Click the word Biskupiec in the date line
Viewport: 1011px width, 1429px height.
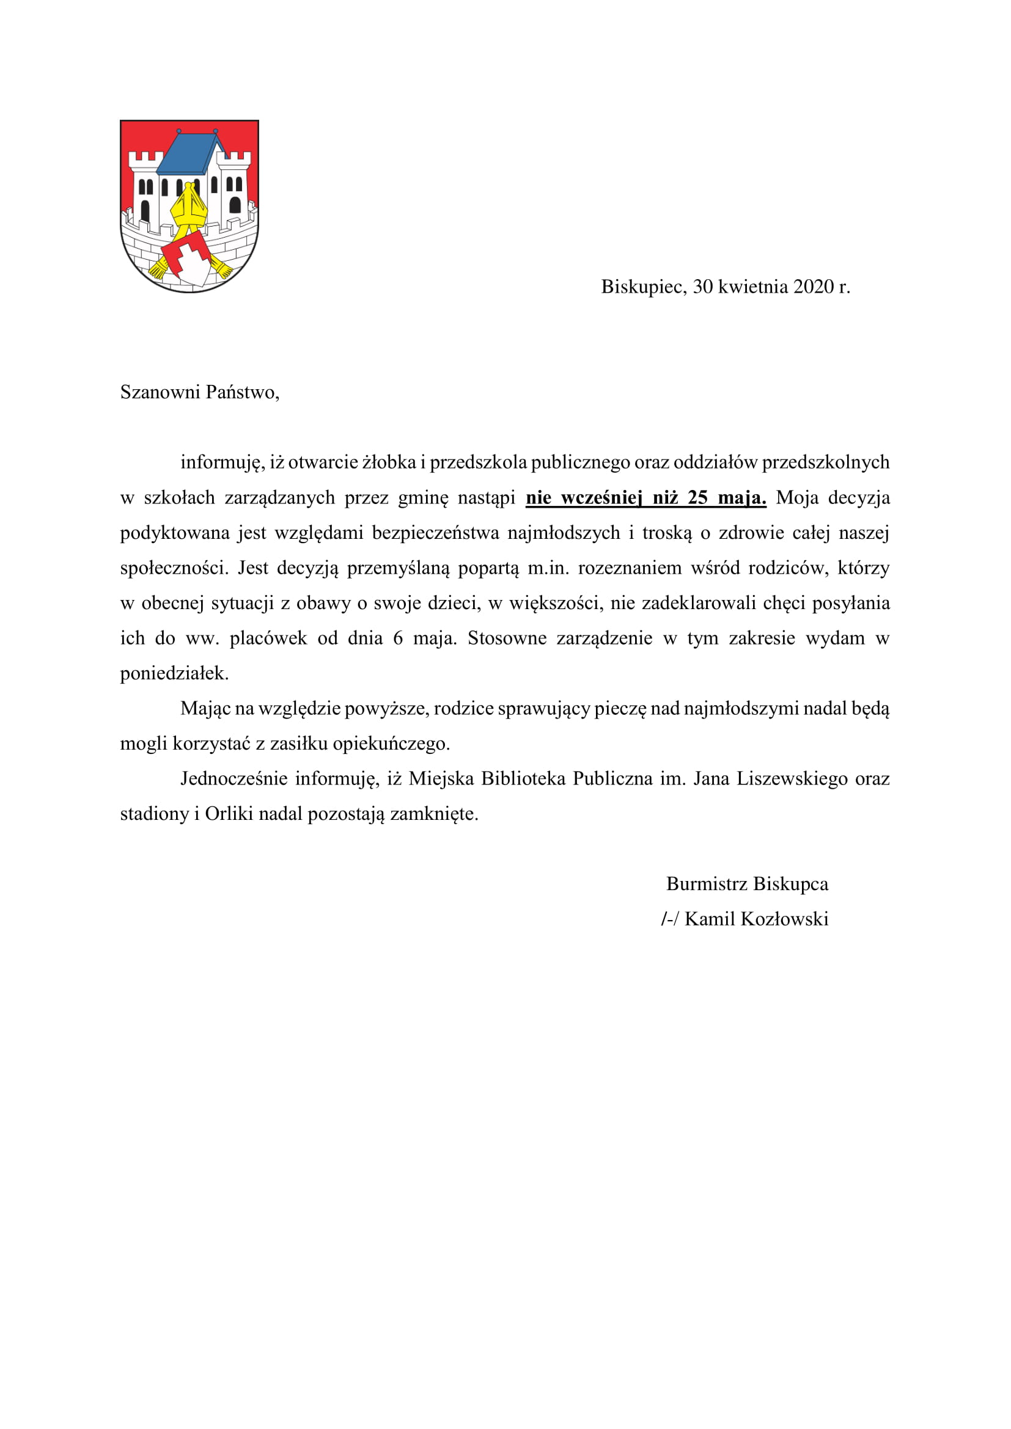643,287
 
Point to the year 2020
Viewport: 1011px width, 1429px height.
814,287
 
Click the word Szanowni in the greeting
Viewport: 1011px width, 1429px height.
160,393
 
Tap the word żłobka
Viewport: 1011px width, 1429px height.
389,462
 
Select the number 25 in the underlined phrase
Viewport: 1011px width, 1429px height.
698,498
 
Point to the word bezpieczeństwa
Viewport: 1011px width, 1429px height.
436,533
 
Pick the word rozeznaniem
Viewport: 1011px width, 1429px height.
630,568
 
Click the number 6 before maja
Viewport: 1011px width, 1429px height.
398,638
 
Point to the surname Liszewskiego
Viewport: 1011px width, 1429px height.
792,779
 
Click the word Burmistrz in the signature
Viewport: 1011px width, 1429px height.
707,885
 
